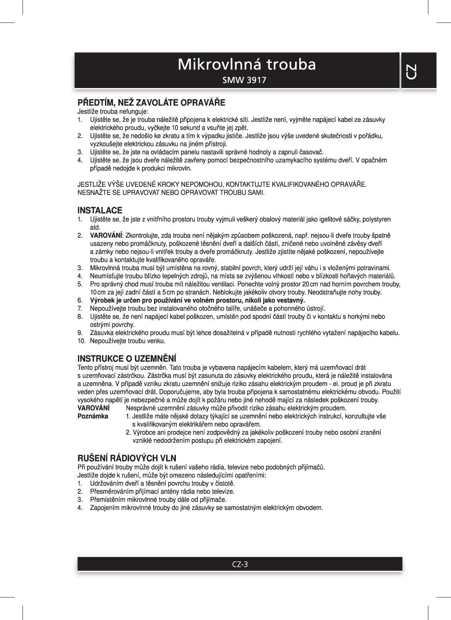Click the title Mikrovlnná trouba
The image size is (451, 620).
(x=246, y=64)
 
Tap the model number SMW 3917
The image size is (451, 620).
(x=244, y=80)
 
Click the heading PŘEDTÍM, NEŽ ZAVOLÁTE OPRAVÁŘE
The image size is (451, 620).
(x=151, y=102)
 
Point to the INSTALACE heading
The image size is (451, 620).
(x=100, y=210)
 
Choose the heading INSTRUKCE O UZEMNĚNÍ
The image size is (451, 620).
(x=127, y=359)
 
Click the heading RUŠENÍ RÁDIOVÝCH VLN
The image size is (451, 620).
(x=127, y=458)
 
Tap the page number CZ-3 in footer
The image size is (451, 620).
(x=240, y=564)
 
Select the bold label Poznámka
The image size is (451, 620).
(x=93, y=416)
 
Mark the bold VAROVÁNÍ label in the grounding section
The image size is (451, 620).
(x=93, y=408)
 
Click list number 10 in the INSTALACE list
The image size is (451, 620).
(x=82, y=341)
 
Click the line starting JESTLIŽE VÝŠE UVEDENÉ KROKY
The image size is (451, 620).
(x=222, y=184)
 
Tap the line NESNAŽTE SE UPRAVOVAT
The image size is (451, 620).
(x=171, y=192)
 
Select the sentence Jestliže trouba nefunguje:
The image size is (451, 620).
(x=113, y=112)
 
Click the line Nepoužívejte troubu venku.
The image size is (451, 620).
(x=128, y=341)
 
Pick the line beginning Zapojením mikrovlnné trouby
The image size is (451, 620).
(x=206, y=508)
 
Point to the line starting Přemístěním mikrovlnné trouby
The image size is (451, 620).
(x=158, y=500)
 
